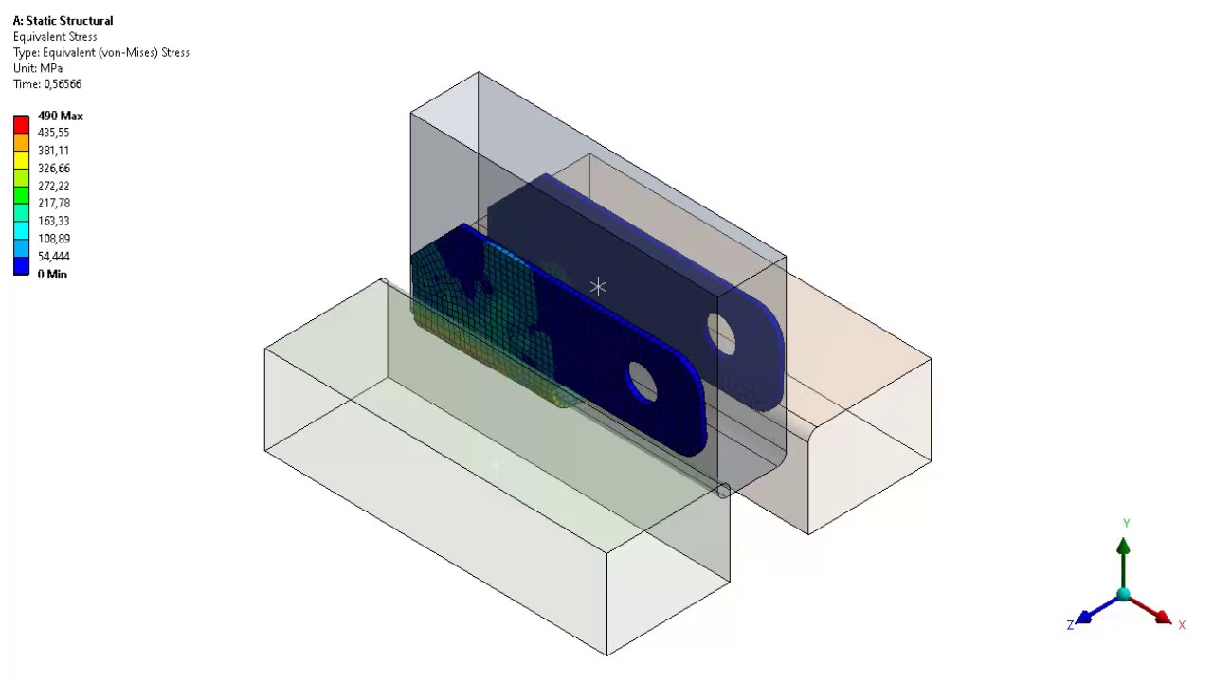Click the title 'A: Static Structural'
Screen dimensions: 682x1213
click(63, 20)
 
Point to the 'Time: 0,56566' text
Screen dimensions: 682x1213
click(47, 84)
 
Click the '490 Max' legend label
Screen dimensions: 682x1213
click(60, 116)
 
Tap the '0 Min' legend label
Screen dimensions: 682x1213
click(52, 274)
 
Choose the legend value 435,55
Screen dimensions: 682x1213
click(53, 134)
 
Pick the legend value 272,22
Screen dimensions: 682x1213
click(53, 186)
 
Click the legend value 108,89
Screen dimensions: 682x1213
click(53, 239)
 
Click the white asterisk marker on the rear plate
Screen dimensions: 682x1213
click(598, 286)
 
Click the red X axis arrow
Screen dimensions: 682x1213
click(1157, 613)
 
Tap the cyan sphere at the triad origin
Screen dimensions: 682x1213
click(1123, 595)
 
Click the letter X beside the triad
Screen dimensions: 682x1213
click(1182, 625)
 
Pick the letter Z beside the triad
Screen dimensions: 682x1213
click(1070, 625)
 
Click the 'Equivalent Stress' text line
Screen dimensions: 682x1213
click(55, 36)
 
